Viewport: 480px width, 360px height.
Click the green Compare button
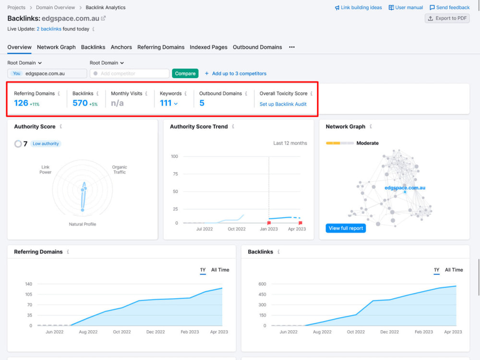point(185,73)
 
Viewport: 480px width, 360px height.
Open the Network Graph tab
point(56,47)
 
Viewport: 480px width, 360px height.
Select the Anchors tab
point(121,47)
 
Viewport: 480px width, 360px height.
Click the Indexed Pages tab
point(208,47)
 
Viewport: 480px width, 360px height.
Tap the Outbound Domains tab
point(257,47)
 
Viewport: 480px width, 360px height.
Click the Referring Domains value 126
point(21,103)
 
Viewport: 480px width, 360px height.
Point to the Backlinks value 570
point(80,103)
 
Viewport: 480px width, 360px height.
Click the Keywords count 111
point(166,103)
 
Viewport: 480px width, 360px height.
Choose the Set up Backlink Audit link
point(283,104)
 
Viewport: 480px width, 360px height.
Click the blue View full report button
point(346,228)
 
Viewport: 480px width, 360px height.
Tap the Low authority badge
point(46,144)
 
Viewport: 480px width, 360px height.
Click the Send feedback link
point(449,7)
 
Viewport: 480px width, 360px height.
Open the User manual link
point(406,7)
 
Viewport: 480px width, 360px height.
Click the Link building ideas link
point(358,7)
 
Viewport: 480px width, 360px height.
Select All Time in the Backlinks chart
point(454,270)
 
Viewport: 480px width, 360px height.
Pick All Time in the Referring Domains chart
point(220,270)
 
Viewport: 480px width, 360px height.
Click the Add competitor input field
point(130,73)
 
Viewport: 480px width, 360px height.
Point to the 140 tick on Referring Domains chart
point(28,284)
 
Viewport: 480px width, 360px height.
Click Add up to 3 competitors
point(235,73)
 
